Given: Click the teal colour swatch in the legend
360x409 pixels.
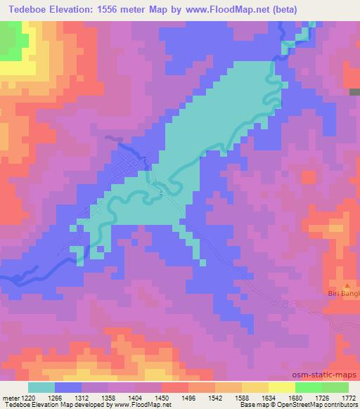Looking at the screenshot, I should tap(41, 387).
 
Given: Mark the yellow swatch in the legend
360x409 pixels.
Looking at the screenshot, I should tap(282, 387).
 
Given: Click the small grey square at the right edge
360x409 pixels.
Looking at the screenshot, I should tap(354, 92).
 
